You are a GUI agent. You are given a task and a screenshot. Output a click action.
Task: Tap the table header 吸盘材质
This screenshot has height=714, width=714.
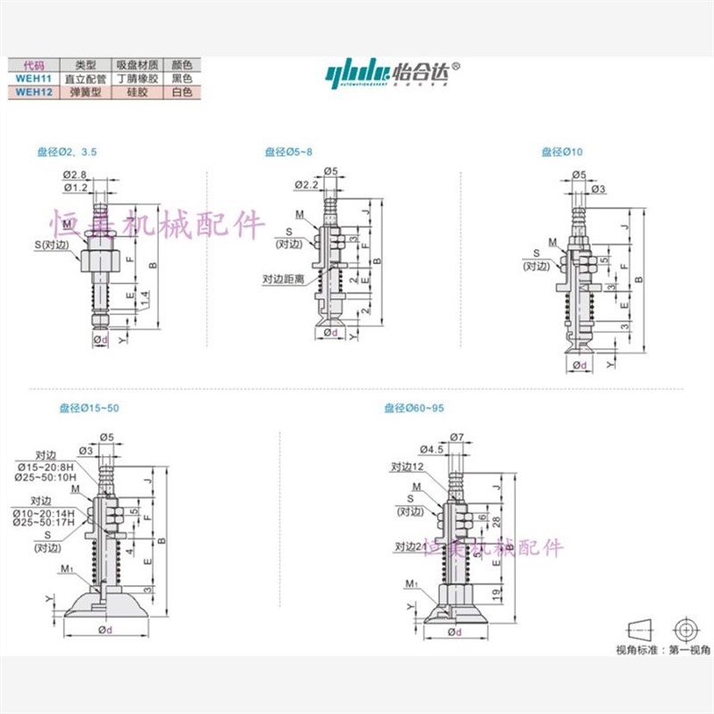[x=137, y=65]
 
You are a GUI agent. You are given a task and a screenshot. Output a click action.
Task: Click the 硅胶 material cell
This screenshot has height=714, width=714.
[x=137, y=90]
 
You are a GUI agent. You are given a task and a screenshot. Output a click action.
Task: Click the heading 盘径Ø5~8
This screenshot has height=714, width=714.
[x=288, y=153]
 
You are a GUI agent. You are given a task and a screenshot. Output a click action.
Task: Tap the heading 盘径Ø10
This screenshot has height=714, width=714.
[x=561, y=153]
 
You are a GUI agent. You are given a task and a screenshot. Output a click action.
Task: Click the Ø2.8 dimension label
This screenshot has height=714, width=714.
[x=75, y=174]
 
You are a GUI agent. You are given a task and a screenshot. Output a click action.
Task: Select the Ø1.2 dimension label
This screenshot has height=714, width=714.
[x=75, y=187]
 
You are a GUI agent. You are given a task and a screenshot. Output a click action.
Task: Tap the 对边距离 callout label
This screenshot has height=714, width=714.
[x=284, y=278]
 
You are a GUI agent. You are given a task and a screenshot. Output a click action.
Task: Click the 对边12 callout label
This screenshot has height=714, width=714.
[x=405, y=466]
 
